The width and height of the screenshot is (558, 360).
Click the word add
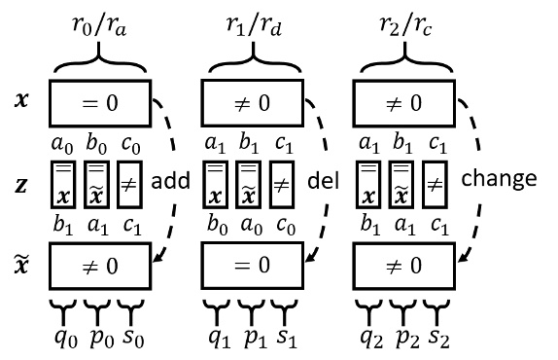[x=170, y=178]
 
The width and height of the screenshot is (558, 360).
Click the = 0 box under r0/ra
[x=99, y=100]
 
